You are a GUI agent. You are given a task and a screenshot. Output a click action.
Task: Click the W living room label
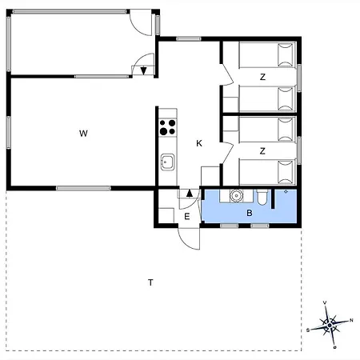83,134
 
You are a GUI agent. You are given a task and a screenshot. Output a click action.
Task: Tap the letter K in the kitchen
199,143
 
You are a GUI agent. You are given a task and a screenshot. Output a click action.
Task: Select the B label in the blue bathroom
250,213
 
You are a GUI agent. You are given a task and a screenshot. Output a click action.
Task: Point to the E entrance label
187,217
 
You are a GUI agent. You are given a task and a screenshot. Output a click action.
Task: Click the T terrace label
150,282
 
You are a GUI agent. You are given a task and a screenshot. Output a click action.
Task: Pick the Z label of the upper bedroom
262,77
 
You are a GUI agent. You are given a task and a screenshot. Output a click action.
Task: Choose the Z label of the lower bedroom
262,151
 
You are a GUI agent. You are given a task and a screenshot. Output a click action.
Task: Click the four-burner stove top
168,127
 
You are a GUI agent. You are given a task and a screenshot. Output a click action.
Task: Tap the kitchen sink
167,162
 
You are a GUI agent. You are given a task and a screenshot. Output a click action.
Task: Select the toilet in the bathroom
262,197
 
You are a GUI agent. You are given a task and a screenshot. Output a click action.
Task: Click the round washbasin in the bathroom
236,196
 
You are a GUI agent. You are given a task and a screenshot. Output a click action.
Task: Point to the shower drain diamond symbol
286,191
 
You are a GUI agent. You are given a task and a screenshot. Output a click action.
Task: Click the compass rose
330,325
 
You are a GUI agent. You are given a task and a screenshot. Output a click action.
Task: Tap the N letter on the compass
351,320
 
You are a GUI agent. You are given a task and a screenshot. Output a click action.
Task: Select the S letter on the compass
308,330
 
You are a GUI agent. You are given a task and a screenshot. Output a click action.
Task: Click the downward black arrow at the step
144,70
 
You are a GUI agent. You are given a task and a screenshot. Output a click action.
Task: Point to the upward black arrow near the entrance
190,193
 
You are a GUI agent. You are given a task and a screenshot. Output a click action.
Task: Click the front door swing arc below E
186,243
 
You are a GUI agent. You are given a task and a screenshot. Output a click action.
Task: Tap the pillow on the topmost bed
286,55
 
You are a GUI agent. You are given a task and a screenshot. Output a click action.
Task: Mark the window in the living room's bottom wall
83,188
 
